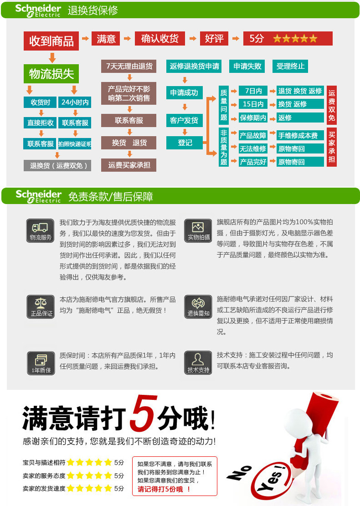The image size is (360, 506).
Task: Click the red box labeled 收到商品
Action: coord(51,41)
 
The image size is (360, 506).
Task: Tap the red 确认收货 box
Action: coord(159,39)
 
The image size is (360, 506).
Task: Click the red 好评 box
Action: coord(214,39)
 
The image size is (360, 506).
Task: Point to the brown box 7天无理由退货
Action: coord(129,66)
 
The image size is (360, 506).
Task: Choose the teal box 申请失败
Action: coord(247,66)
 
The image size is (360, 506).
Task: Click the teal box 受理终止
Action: coord(290,66)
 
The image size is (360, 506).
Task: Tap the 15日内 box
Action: coord(253,104)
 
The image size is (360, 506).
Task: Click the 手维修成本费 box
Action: coord(300,135)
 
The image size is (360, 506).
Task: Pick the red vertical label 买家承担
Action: coord(332,147)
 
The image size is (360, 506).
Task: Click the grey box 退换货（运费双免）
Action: coord(57,165)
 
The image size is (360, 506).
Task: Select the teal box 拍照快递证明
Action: coord(75,144)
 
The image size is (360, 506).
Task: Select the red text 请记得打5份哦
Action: coord(164,489)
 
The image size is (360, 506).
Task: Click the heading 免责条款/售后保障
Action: coord(110,197)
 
